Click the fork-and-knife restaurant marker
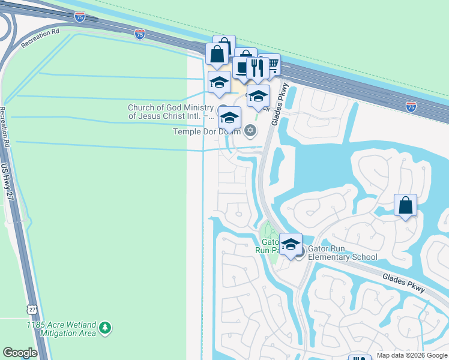point(258,68)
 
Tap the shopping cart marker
point(271,65)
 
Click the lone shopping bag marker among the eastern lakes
point(406,205)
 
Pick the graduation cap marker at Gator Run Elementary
point(291,244)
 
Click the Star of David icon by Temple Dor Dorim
point(250,130)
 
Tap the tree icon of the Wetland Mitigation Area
point(106,328)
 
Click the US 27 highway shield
point(31,308)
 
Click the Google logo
point(20,353)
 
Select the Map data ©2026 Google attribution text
point(412,355)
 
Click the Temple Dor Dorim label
point(206,131)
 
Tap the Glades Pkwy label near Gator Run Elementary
point(404,280)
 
